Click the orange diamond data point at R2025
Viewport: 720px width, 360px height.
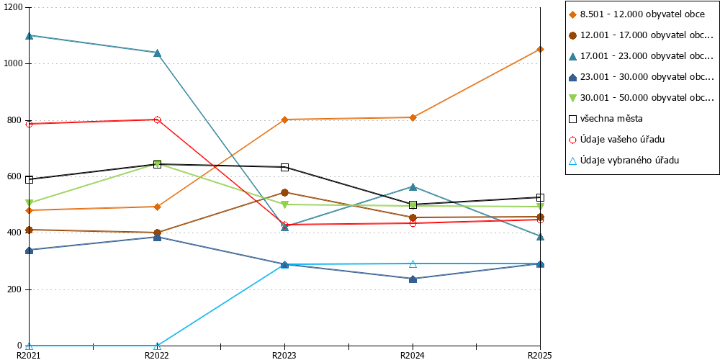pos(541,49)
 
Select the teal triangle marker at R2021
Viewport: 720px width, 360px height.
pos(30,35)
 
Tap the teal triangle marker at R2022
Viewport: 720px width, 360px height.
pos(157,53)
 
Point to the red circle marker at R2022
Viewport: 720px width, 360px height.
pos(157,120)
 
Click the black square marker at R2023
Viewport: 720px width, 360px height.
pos(284,167)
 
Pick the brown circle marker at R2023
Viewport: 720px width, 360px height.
pos(284,192)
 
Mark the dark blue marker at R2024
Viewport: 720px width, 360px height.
pos(413,279)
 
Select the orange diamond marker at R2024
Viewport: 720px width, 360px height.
pos(413,117)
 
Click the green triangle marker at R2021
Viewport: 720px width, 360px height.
pos(30,203)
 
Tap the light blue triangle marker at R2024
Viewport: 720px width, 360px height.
pos(413,264)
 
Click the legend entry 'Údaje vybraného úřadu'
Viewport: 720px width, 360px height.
pos(624,161)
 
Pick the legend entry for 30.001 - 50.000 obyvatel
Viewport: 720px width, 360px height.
pos(642,98)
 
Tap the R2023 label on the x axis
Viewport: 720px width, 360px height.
pos(284,355)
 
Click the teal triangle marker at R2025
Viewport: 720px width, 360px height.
pos(541,236)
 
